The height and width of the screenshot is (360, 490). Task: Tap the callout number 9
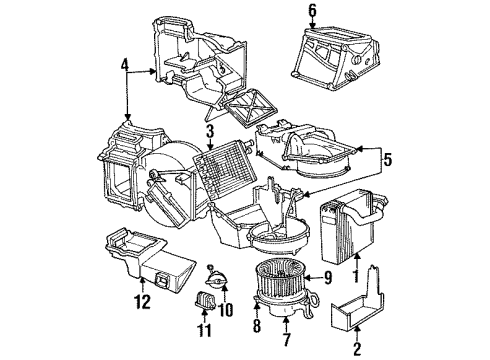pos(326,276)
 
